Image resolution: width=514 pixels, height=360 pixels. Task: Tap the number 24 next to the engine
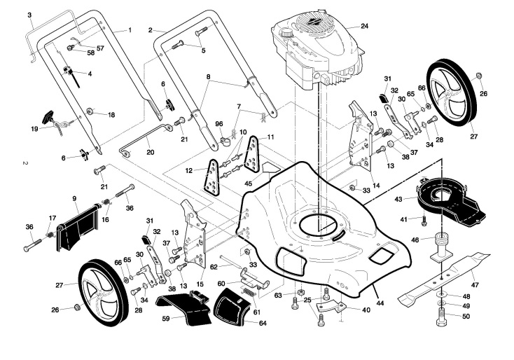pos(364,26)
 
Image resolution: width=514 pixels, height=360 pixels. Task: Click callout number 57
pos(100,48)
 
